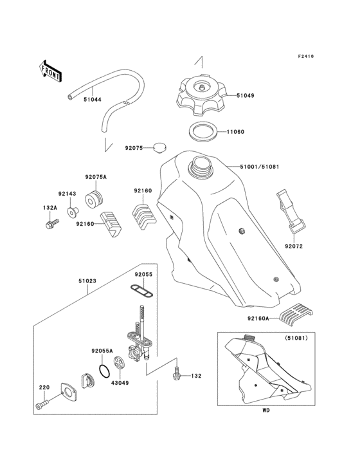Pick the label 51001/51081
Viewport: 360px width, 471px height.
click(260, 167)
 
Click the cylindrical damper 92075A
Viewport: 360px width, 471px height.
click(94, 200)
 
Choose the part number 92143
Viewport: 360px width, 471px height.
click(67, 192)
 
